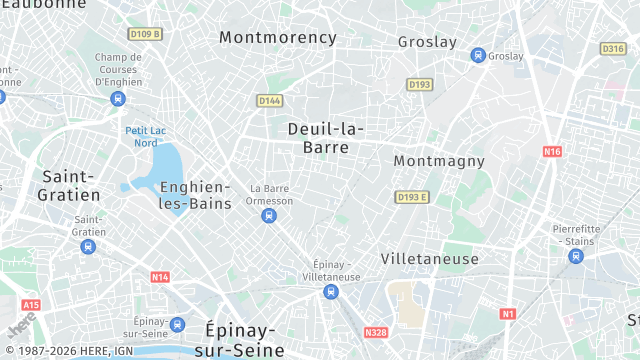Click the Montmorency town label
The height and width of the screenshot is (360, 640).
[x=278, y=38]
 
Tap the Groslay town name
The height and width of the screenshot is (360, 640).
[x=427, y=42]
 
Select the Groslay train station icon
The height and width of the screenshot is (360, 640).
[x=478, y=56]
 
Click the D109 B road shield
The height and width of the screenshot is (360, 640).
[x=146, y=34]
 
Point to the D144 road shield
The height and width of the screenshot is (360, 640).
[x=269, y=100]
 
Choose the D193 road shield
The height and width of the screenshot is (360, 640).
[x=419, y=84]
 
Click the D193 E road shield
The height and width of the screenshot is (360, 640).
[x=411, y=197]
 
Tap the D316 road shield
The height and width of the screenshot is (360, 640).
[x=613, y=48]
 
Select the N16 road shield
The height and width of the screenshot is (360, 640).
[x=552, y=151]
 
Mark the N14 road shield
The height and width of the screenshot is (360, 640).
[x=160, y=276]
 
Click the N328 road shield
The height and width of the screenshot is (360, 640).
[x=376, y=332]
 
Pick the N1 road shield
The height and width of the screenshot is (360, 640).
[x=508, y=314]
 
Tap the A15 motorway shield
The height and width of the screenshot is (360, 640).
[x=31, y=305]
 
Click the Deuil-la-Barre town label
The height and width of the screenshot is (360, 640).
[x=325, y=138]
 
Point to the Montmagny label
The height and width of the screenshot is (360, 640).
[x=439, y=161]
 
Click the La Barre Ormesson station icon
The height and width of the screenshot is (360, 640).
[x=268, y=216]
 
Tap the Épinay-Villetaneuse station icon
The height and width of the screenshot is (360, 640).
[x=330, y=292]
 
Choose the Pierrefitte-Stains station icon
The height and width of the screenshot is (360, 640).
[x=575, y=256]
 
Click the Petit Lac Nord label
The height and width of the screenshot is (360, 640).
[x=142, y=137]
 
